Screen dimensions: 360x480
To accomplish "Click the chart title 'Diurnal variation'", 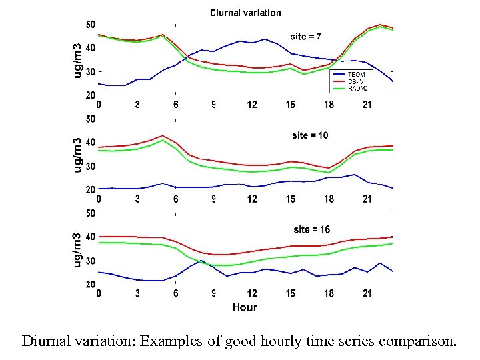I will [x=245, y=13].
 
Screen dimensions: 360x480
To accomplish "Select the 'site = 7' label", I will [x=306, y=36].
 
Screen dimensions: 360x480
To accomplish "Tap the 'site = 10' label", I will [x=310, y=135].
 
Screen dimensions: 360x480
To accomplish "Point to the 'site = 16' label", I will [x=311, y=229].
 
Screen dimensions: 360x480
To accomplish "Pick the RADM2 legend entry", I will [x=359, y=88].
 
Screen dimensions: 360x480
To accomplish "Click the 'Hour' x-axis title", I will [x=245, y=307].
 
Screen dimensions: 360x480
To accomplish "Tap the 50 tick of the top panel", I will [x=90, y=25].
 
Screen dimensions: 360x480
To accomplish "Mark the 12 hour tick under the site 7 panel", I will [x=252, y=105].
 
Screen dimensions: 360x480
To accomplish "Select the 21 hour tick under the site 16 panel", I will [x=367, y=293].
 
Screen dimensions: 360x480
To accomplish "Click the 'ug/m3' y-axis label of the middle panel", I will [x=78, y=155].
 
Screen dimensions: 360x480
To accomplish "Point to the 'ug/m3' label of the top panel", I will [x=78, y=60].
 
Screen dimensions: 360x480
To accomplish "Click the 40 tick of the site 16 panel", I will [x=90, y=237].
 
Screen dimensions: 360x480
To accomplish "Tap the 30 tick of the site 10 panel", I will [x=90, y=167].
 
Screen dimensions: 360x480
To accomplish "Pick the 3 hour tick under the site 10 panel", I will [x=137, y=199].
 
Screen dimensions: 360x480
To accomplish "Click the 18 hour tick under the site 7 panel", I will [x=329, y=105].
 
